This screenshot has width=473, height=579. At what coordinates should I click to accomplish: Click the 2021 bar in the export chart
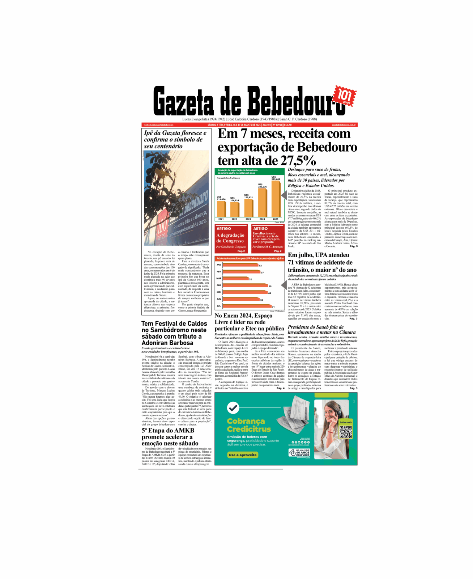(221, 209)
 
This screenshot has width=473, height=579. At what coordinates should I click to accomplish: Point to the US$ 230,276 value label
(262, 186)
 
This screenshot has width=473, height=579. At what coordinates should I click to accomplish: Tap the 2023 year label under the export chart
(248, 219)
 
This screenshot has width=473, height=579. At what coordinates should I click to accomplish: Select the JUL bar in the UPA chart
(247, 306)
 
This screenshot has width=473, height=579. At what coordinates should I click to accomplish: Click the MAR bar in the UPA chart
(235, 279)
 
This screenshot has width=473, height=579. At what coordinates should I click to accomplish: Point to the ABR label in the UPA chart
(219, 286)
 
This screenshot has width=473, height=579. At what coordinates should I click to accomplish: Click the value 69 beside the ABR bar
(270, 286)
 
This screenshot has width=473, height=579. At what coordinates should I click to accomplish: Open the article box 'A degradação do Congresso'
(231, 238)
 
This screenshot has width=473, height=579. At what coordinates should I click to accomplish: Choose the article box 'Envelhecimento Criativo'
(268, 238)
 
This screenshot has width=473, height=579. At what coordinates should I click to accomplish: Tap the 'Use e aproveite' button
(243, 455)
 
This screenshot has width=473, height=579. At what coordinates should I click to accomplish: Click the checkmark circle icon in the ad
(233, 408)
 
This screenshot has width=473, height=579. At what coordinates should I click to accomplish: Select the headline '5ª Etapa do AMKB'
(168, 431)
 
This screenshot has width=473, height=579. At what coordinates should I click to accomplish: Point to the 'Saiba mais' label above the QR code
(346, 422)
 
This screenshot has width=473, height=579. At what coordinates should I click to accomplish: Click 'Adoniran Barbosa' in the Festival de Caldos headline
(167, 343)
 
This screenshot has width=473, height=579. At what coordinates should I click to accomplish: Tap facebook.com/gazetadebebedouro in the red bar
(158, 125)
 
